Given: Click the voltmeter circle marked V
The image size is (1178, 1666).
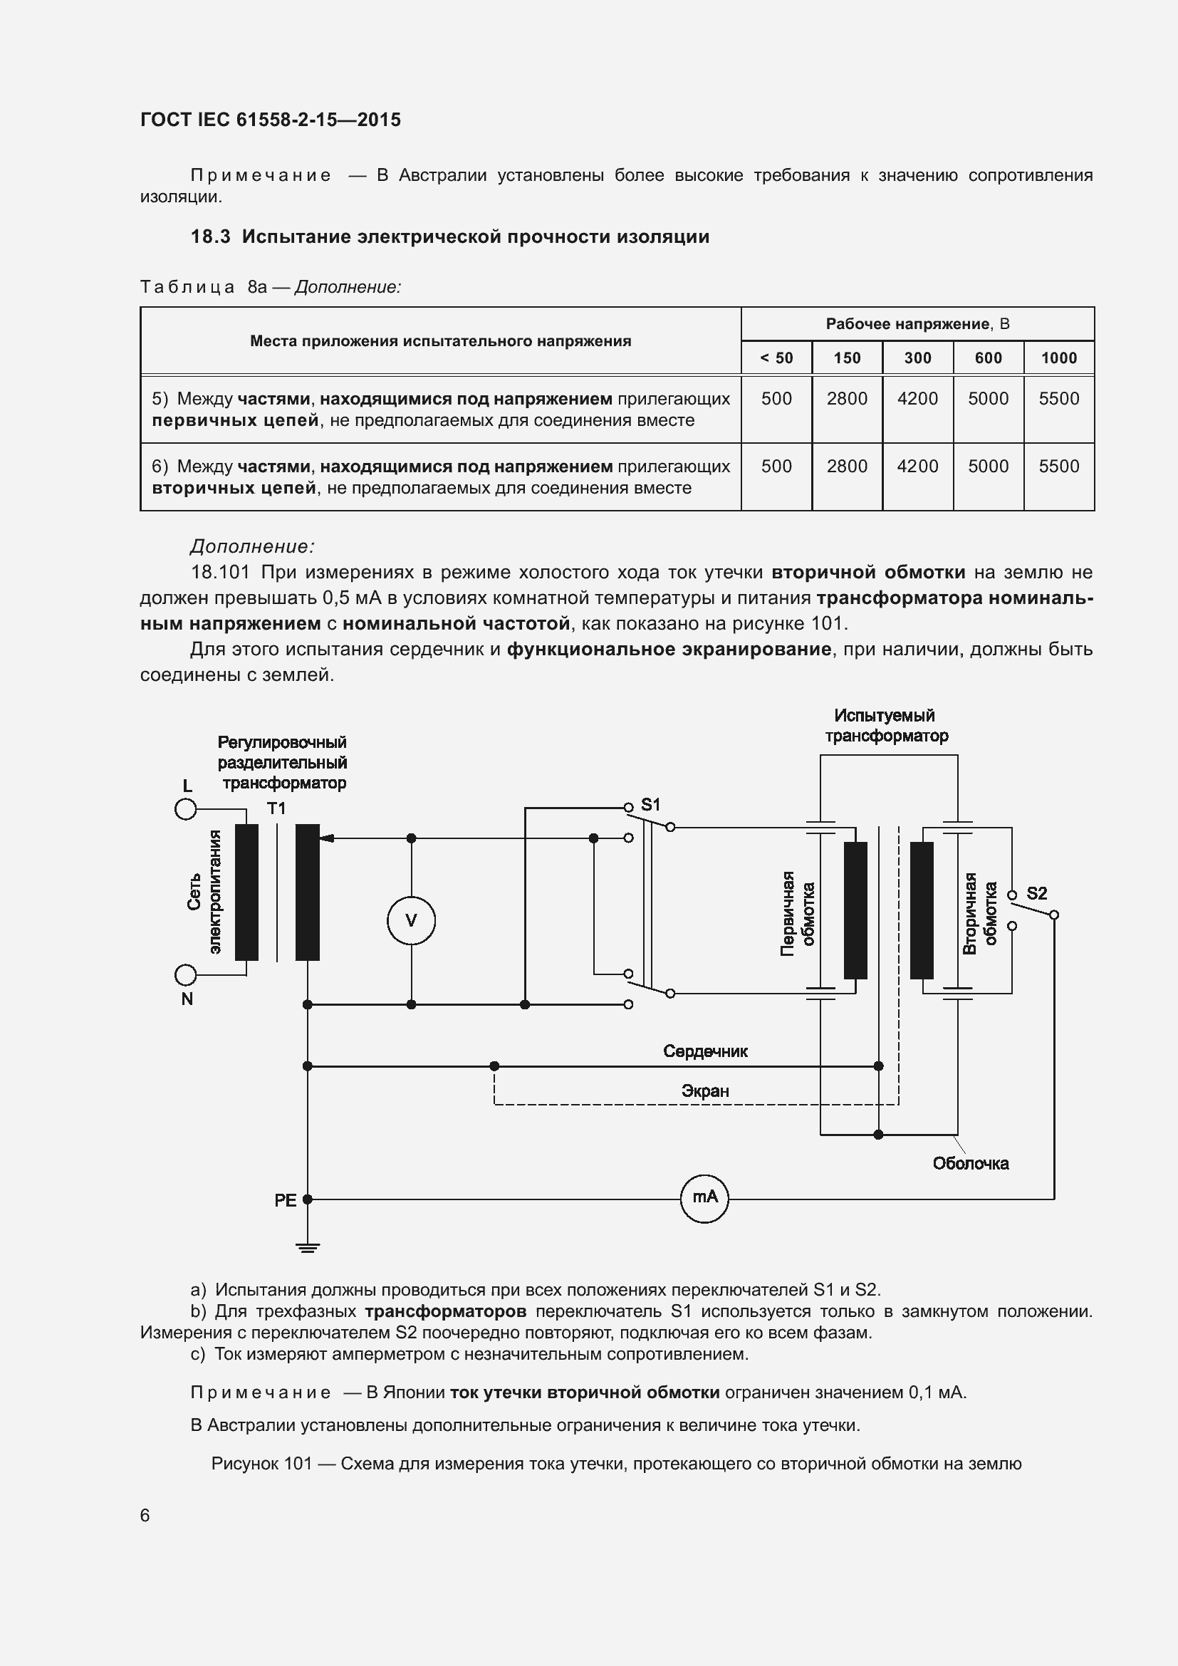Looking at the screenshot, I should (410, 921).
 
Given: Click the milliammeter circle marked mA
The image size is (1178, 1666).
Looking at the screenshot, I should (704, 1199).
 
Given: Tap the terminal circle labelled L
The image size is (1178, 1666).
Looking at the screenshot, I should (186, 808).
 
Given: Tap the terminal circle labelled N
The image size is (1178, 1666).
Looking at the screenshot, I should (186, 974).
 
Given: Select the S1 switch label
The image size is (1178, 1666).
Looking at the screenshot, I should (651, 805).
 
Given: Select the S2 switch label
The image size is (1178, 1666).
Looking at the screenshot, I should (1036, 893).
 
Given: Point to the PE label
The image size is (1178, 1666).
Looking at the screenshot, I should (285, 1201).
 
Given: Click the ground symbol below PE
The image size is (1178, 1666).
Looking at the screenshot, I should (308, 1247).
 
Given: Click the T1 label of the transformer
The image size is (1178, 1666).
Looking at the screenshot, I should (276, 808).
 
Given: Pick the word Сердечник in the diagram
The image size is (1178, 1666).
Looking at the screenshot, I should (705, 1051).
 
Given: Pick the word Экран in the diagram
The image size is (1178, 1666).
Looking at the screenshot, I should (705, 1091).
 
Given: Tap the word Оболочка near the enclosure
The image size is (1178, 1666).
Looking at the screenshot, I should (971, 1164).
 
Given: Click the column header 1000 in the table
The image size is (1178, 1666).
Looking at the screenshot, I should (1058, 358).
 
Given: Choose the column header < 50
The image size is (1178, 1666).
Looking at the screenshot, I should (776, 358).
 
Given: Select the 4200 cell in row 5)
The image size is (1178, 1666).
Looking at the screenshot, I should (917, 398).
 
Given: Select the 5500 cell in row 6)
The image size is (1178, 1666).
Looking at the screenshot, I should (1058, 466).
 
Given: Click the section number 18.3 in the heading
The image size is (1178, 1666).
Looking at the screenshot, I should (210, 236).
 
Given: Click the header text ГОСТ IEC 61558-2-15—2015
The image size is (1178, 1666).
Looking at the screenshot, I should (271, 120).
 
